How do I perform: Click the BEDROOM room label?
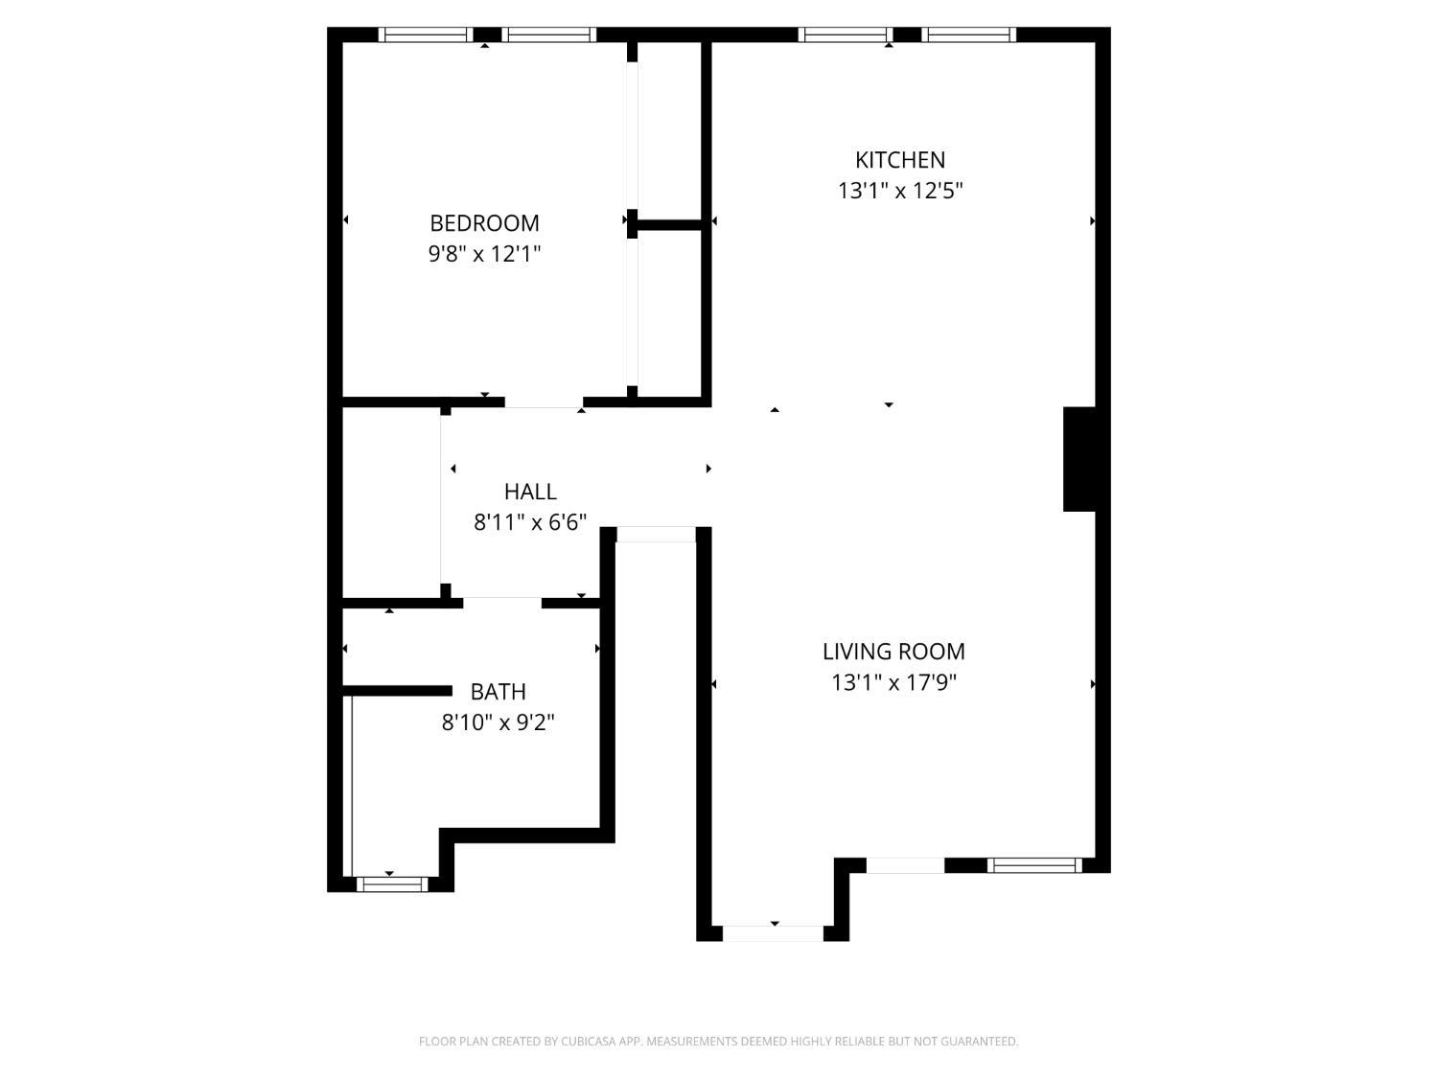coord(484,223)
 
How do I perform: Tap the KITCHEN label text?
coord(900,160)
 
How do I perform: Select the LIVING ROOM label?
coord(893,652)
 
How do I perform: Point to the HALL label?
coord(530,492)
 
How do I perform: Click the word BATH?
coord(498,692)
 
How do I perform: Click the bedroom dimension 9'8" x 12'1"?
coord(484,254)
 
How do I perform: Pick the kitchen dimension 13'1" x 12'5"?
coord(900,191)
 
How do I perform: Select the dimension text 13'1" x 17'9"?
coord(893,682)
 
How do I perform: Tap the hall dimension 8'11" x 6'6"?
coord(530,522)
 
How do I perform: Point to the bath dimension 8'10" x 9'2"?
coord(498,722)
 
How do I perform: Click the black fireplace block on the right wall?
coord(1079,459)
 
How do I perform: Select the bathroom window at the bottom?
coord(392,884)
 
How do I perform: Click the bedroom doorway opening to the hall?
coord(544,402)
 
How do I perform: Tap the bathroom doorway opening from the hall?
coord(502,603)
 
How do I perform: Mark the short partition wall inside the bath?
coord(397,691)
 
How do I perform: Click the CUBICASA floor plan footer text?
coord(719,1041)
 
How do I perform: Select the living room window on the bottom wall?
coord(1034,865)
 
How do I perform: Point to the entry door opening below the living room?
coord(773,933)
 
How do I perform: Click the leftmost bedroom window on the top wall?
coord(426,34)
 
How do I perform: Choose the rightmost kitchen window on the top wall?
coord(969,34)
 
